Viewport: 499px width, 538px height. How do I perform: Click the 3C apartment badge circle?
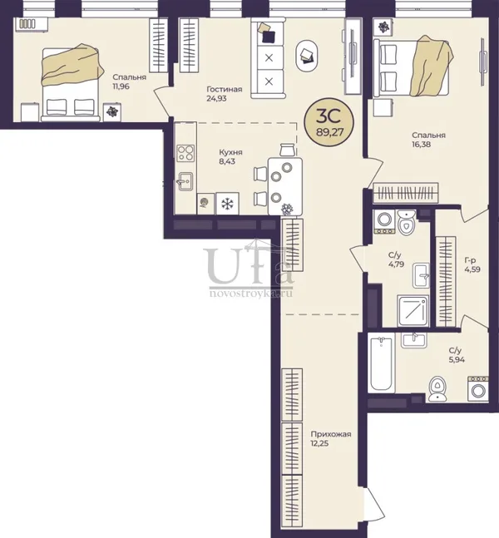click(329, 123)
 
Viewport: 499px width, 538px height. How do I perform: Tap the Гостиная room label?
click(224, 89)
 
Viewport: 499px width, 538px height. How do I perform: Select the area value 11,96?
click(121, 86)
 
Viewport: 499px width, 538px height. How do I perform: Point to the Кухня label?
click(230, 152)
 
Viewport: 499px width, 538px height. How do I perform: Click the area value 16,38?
click(422, 144)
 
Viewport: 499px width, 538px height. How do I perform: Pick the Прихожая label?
click(331, 434)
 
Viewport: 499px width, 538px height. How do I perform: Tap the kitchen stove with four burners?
click(185, 153)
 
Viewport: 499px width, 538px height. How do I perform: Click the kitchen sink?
click(185, 181)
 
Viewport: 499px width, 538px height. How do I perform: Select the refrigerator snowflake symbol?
click(227, 204)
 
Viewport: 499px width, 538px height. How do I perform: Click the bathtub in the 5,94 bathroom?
click(381, 363)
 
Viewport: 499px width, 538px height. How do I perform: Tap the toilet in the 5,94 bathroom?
click(437, 388)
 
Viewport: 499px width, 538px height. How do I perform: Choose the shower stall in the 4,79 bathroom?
click(413, 310)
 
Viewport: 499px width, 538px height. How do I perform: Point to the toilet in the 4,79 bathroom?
click(407, 223)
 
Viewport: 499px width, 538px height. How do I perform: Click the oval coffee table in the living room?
click(307, 56)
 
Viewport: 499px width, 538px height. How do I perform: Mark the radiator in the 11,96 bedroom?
click(27, 23)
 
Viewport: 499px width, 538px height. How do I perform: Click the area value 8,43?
click(227, 161)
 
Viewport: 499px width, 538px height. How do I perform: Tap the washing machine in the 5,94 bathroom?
click(478, 388)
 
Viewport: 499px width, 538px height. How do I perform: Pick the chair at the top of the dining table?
click(288, 150)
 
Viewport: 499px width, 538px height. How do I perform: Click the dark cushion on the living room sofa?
click(269, 37)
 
